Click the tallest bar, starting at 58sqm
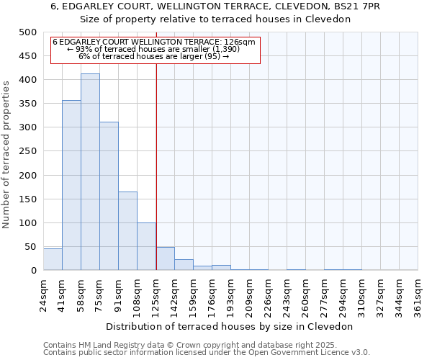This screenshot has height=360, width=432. coord(90,172)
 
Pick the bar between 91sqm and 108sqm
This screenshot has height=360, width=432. coord(127,230)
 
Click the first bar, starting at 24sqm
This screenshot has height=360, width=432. coord(53,259)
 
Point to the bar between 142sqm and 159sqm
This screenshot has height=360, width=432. coord(184,264)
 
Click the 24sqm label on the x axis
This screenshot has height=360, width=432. coord(43,292)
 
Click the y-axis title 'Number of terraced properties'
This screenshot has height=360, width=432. coord(7,154)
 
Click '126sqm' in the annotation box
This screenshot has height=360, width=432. coord(240,42)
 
